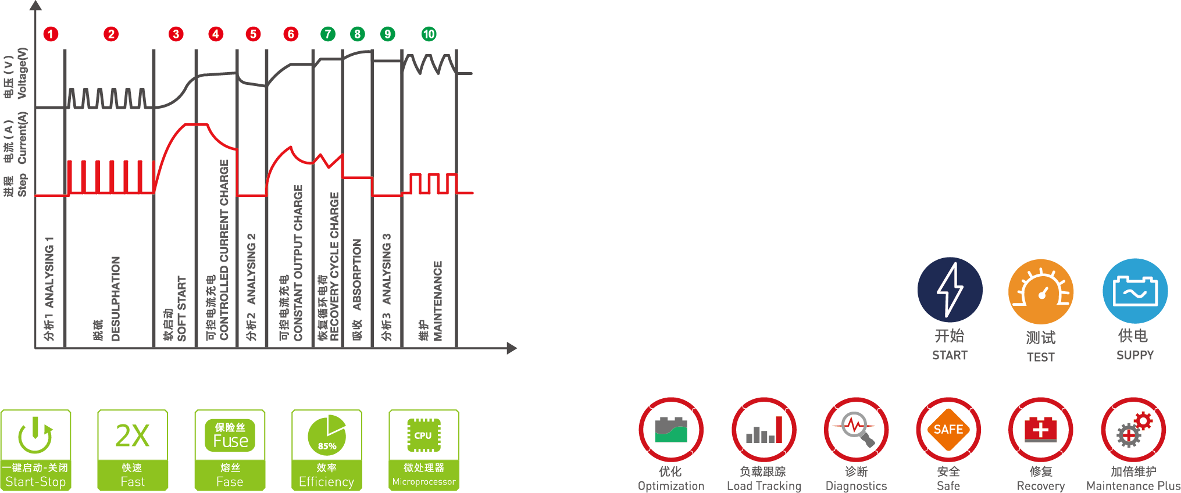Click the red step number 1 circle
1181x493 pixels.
(51, 34)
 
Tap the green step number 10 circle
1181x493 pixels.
(429, 34)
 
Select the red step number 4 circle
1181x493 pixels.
(216, 34)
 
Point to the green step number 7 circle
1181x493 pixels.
(328, 34)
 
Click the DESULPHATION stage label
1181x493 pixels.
(115, 299)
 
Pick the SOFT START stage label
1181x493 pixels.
(181, 309)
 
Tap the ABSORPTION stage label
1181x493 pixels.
(357, 274)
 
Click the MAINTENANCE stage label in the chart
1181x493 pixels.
(438, 301)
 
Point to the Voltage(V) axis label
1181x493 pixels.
(22, 73)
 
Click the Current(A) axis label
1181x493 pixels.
(22, 138)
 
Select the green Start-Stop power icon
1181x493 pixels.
(35, 435)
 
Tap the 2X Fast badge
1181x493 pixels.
(133, 450)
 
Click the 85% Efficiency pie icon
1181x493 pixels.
(327, 435)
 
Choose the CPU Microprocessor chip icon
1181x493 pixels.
(423, 435)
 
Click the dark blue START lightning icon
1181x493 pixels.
(950, 290)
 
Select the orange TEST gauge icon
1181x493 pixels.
(1041, 291)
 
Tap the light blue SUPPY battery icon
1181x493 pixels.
(1135, 291)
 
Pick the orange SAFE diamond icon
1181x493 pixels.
(948, 430)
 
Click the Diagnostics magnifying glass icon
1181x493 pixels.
(857, 430)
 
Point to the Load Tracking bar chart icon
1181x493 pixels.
(764, 430)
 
